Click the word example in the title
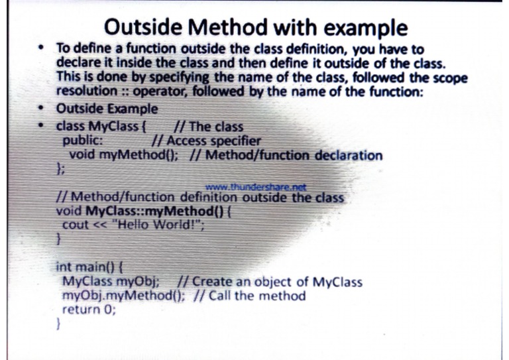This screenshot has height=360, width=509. point(359,27)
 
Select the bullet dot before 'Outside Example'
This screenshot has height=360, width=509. point(42,109)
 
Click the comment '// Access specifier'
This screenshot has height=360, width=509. point(205,141)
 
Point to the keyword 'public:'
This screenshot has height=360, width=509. point(82,141)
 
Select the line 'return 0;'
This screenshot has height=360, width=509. point(86,309)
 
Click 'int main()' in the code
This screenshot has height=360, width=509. point(84,268)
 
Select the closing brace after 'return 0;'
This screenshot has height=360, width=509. point(59,324)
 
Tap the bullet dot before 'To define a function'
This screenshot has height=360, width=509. point(42,50)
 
